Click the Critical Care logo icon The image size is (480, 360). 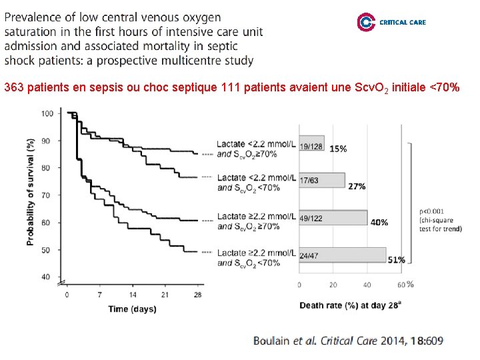(366, 22)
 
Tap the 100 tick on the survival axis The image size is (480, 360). (47, 113)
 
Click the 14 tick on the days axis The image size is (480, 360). (132, 294)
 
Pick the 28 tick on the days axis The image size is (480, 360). (197, 294)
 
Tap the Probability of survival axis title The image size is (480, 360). (31, 192)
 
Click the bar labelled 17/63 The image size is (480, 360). (322, 181)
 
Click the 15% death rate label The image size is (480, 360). (337, 149)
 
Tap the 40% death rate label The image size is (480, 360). (379, 222)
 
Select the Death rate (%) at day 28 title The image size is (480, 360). (349, 305)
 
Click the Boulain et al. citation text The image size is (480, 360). (347, 341)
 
